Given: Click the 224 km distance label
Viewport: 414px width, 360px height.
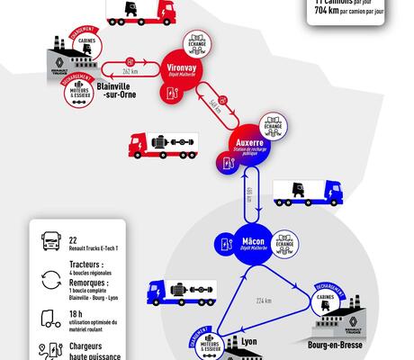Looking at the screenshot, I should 264,301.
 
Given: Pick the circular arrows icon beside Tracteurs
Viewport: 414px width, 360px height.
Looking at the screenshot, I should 49,275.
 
